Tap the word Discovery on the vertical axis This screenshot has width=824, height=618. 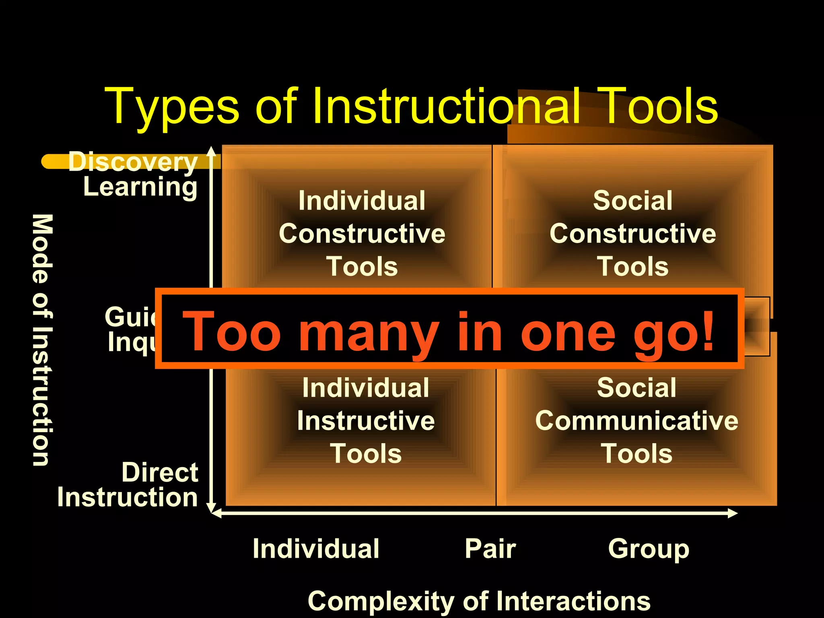tap(133, 162)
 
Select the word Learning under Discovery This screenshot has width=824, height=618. tap(140, 187)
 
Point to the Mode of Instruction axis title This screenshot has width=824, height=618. tap(42, 340)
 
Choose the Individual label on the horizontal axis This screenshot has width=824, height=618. tap(316, 549)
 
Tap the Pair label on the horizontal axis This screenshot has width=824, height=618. tap(490, 549)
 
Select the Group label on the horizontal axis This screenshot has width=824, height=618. tap(649, 550)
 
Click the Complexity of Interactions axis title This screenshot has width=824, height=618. tap(479, 602)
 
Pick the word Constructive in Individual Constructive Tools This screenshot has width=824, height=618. tap(362, 234)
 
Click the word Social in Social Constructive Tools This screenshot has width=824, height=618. tap(632, 200)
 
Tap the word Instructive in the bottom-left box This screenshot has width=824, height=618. tap(366, 421)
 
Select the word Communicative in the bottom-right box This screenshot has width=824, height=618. tap(637, 421)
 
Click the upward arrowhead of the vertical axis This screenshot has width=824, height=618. tap(211, 151)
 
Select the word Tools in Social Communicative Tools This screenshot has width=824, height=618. tap(637, 454)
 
